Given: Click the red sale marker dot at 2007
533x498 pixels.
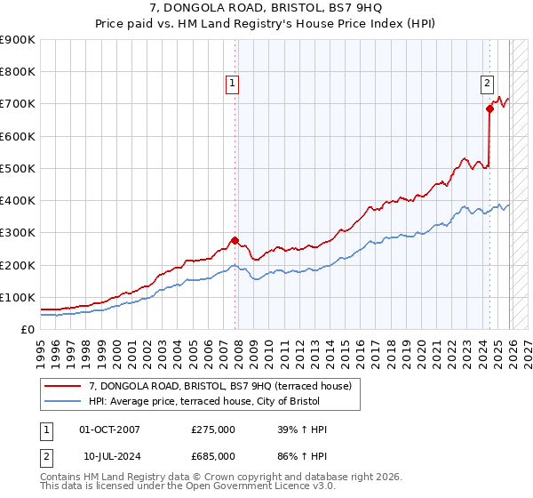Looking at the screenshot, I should pos(235,240).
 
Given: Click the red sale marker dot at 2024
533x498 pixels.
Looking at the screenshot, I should pos(489,108).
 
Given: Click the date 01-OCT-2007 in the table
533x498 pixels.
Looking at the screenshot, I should pos(109,430).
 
